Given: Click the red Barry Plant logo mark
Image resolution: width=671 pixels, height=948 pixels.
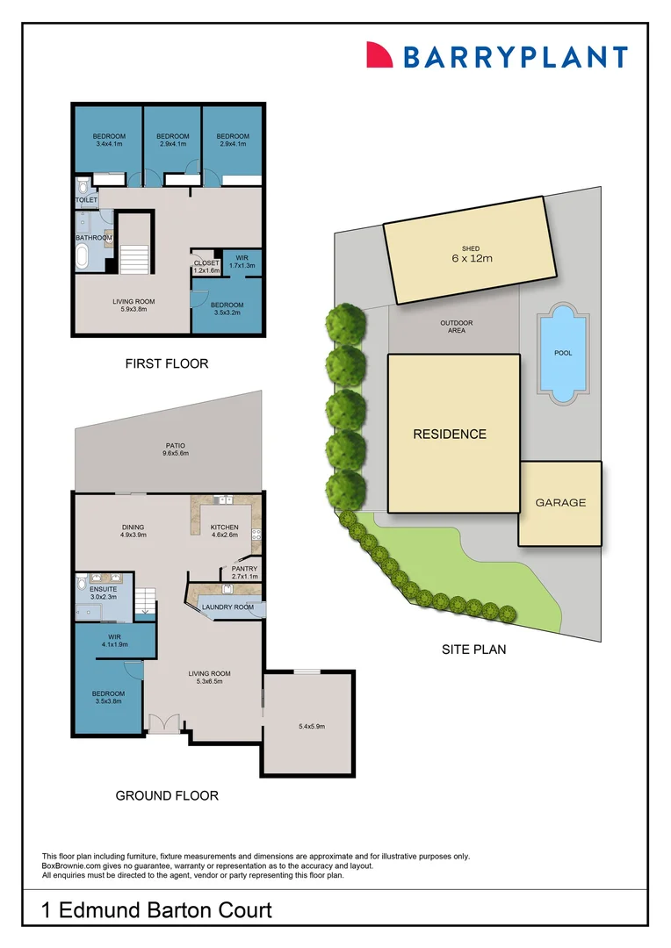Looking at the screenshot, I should (x=379, y=55).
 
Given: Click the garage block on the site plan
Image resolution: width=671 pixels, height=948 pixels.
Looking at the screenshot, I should (x=560, y=503).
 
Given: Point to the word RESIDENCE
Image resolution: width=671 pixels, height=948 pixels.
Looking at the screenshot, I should (x=450, y=434).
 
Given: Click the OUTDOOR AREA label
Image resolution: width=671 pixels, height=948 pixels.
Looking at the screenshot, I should (x=456, y=327).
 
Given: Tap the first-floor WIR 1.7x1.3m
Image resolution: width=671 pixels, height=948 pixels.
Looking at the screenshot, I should (x=242, y=262).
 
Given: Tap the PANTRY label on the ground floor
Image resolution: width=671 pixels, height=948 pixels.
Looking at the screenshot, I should (x=244, y=572).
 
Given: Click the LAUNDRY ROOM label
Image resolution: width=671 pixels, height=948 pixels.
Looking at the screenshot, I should (x=227, y=607).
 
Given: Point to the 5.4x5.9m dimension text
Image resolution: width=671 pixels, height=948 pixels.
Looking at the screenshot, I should (x=312, y=726).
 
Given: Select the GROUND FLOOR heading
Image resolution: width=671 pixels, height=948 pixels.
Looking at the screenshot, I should (x=167, y=796).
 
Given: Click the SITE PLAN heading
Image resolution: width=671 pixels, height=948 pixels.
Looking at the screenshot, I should (x=473, y=650).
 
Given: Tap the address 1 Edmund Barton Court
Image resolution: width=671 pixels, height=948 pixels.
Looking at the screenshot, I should (x=157, y=910).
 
